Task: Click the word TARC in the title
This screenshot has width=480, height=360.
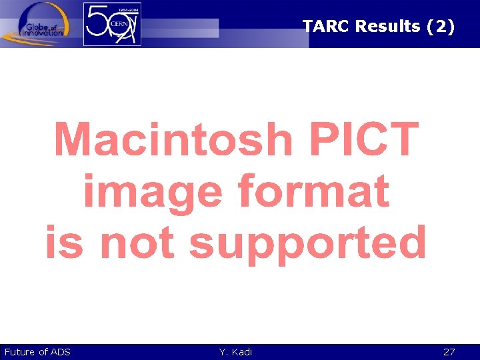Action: [x=326, y=27]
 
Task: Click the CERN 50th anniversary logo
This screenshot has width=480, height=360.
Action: [x=112, y=24]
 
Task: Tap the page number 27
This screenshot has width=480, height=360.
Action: [x=449, y=352]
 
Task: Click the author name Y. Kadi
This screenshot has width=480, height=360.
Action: [x=235, y=352]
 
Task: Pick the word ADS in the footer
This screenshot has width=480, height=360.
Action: [x=61, y=352]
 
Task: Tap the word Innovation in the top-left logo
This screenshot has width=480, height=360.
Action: [x=41, y=32]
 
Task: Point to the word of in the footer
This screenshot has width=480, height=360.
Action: [x=43, y=352]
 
